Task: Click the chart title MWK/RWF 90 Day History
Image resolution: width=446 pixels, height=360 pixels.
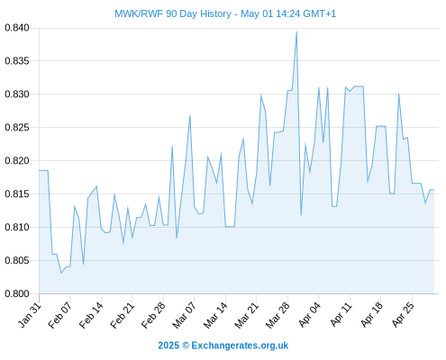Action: tap(173, 13)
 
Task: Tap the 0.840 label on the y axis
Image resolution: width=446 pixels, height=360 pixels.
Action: tap(17, 28)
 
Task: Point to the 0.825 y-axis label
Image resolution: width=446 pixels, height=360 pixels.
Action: tap(17, 128)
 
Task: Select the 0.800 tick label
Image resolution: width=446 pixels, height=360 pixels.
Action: tap(17, 293)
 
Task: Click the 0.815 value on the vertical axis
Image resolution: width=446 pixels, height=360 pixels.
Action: tap(17, 194)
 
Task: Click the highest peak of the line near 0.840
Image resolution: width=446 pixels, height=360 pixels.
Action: tap(296, 31)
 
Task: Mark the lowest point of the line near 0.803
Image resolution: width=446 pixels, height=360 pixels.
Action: tap(61, 273)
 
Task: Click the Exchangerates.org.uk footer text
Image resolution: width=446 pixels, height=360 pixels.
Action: tap(240, 346)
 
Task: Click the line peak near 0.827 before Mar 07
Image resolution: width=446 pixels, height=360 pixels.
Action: tap(190, 115)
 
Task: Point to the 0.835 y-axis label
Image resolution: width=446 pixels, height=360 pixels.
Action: tap(17, 61)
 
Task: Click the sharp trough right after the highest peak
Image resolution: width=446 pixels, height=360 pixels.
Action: tap(301, 215)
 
